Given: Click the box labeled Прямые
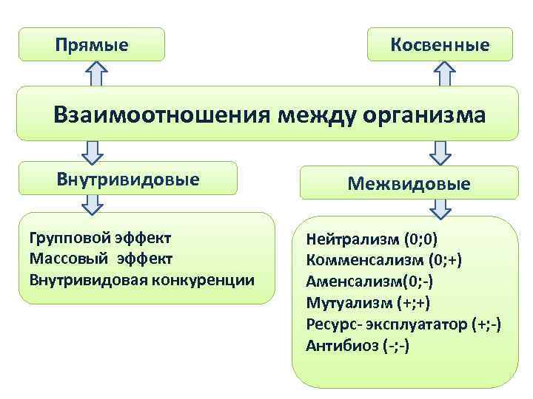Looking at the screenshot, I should [91, 45].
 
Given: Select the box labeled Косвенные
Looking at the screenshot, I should [440, 45].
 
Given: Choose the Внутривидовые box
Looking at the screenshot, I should [128, 179].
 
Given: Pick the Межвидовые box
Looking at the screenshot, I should [409, 183].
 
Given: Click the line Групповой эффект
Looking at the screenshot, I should [100, 238].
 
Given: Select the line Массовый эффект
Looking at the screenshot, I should [101, 259].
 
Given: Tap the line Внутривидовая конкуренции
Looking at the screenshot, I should [141, 280].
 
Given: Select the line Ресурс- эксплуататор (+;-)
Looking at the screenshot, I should [403, 324].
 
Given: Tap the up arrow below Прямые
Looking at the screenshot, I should [95, 74].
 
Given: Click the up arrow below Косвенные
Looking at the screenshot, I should [443, 74].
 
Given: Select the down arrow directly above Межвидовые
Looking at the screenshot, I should [440, 153].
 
